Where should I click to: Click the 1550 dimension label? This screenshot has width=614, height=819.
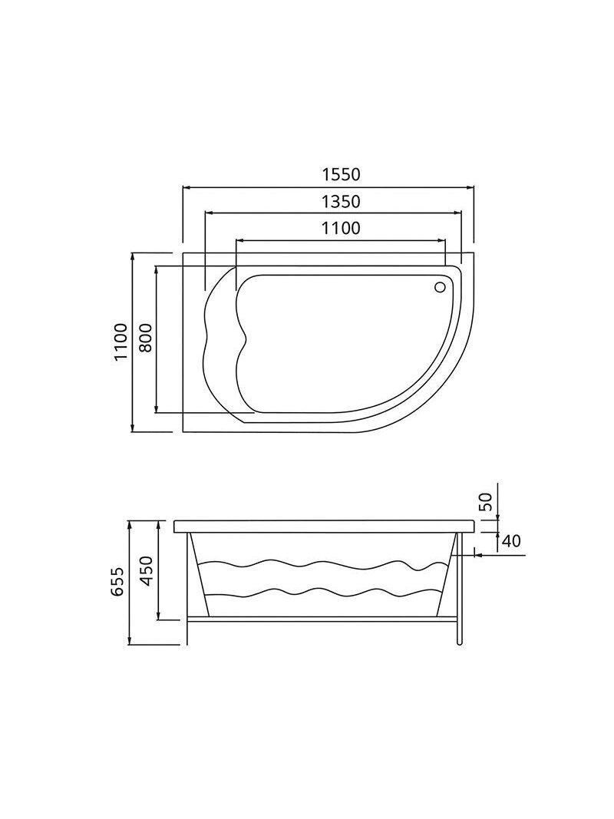pyautogui.click(x=341, y=174)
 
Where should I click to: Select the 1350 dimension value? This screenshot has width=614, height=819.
pyautogui.click(x=341, y=201)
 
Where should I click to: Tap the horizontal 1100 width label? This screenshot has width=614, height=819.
pyautogui.click(x=341, y=228)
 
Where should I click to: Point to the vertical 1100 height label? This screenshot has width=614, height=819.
pyautogui.click(x=120, y=342)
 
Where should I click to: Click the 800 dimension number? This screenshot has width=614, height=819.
pyautogui.click(x=146, y=338)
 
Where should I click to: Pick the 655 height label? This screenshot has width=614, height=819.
pyautogui.click(x=120, y=583)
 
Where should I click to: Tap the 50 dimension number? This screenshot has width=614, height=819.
pyautogui.click(x=486, y=502)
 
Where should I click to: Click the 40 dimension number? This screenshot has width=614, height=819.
pyautogui.click(x=511, y=541)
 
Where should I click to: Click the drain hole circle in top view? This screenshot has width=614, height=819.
pyautogui.click(x=440, y=286)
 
